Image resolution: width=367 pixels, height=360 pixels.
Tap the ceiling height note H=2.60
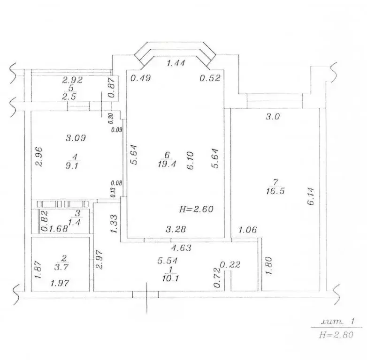(x=197, y=210)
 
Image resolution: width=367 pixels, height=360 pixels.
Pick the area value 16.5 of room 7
(x=274, y=191)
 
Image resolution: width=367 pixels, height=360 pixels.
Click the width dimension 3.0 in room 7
(x=272, y=117)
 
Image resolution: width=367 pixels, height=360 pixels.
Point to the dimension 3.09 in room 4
(x=76, y=138)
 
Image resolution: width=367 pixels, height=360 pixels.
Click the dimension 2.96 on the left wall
(x=39, y=157)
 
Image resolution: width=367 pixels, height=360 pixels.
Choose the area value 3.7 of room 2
(x=62, y=266)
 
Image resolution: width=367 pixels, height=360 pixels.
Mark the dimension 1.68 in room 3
(x=59, y=229)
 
